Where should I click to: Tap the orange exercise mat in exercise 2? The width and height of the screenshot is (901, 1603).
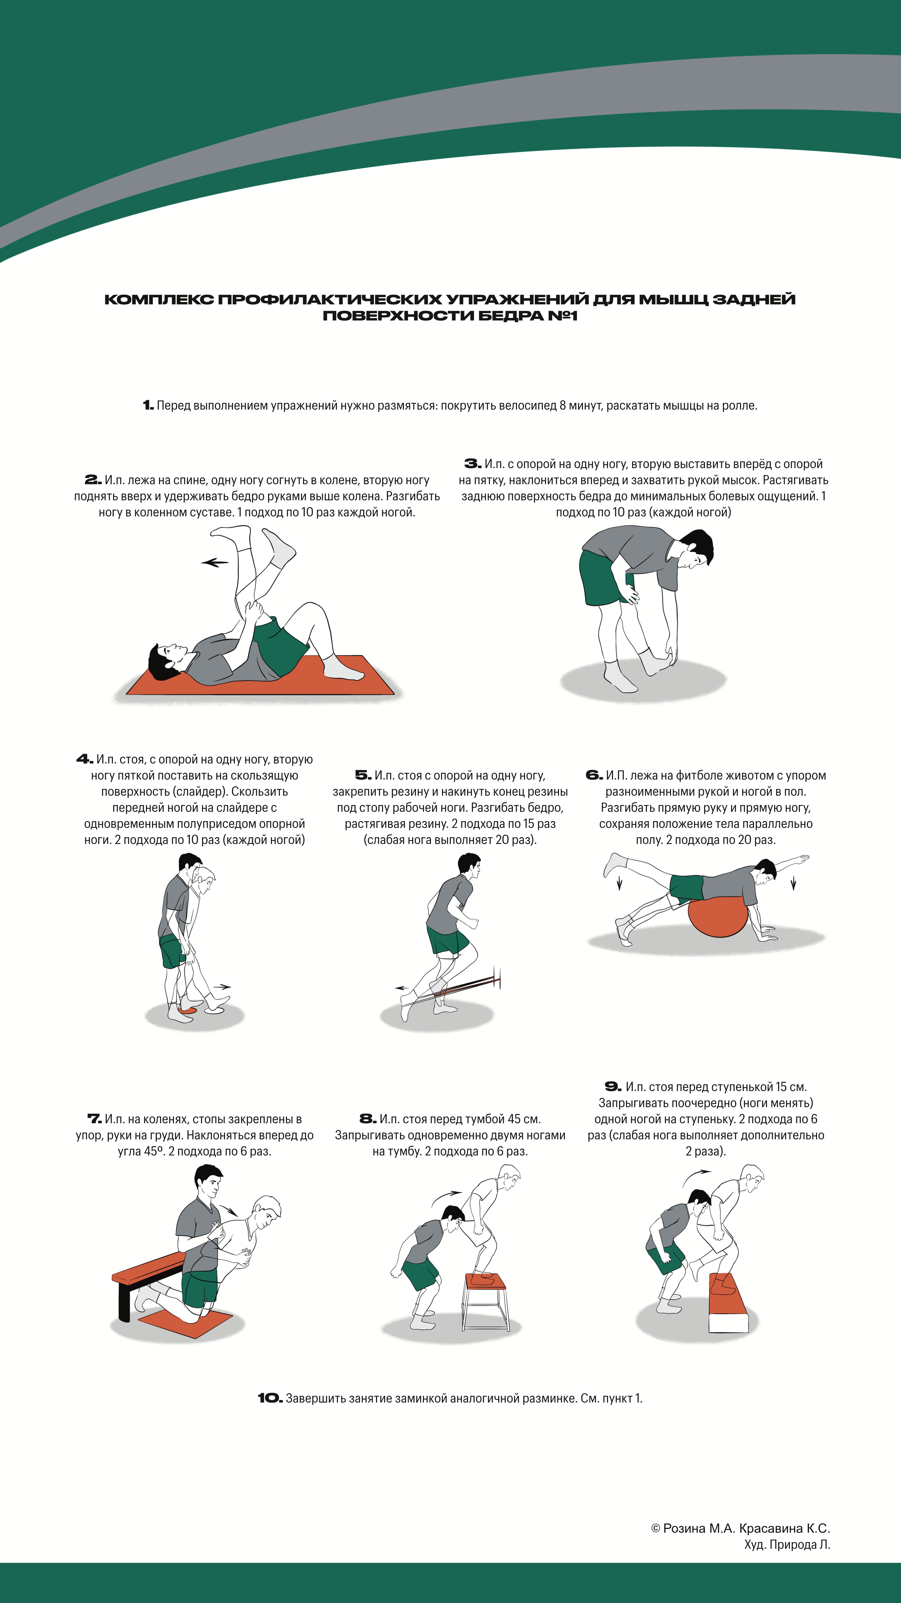[260, 675]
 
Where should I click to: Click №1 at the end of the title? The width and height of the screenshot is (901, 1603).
[562, 316]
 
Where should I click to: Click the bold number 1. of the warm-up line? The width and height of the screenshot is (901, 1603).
[148, 406]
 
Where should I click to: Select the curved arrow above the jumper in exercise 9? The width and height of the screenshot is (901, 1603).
[696, 1178]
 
